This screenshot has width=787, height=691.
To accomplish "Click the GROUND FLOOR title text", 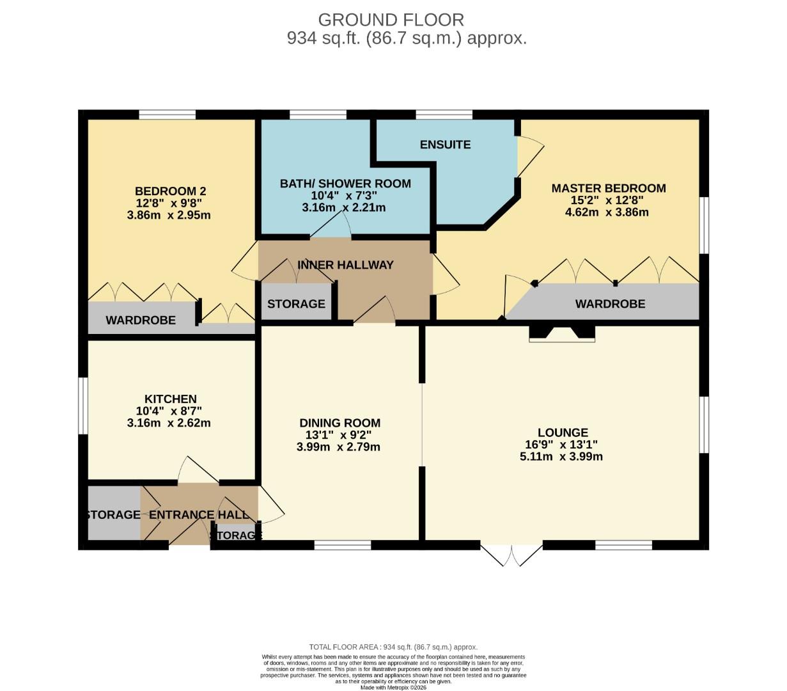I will pyautogui.click(x=391, y=20).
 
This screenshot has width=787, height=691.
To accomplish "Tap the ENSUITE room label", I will pyautogui.click(x=445, y=145).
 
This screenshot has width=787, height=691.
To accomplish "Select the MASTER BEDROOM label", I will pyautogui.click(x=608, y=188).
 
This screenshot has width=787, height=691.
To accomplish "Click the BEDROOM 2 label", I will pyautogui.click(x=170, y=191).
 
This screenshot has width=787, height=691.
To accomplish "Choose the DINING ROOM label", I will pyautogui.click(x=339, y=423).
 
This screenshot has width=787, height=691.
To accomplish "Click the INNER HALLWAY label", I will pyautogui.click(x=345, y=265).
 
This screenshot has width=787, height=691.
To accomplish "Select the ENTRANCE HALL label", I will pyautogui.click(x=195, y=515).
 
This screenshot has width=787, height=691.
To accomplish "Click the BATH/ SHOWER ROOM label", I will pyautogui.click(x=345, y=184).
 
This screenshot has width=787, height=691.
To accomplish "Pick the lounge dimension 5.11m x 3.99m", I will pyautogui.click(x=561, y=457).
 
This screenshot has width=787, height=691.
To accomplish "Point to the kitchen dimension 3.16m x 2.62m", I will pyautogui.click(x=169, y=423).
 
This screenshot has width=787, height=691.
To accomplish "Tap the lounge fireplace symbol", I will pyautogui.click(x=562, y=333).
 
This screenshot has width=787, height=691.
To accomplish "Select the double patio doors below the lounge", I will pyautogui.click(x=511, y=554).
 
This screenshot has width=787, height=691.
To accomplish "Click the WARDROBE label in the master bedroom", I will pyautogui.click(x=610, y=304).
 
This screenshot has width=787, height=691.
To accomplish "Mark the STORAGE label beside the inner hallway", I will pyautogui.click(x=296, y=304).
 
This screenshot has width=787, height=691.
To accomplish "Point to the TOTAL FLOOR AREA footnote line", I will pyautogui.click(x=393, y=647).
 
